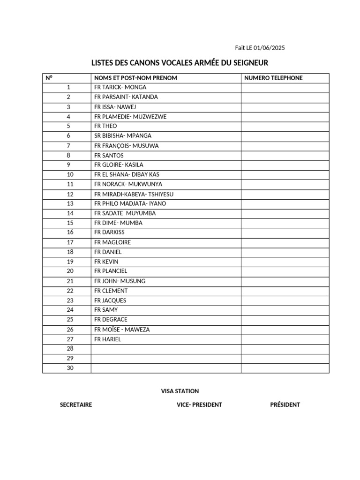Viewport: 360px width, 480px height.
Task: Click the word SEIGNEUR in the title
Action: coord(247,63)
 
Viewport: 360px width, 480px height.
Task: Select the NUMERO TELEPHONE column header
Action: coord(273,78)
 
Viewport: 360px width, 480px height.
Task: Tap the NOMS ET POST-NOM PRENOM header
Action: coord(135,78)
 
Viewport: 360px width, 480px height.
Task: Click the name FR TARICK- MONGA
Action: coord(120,87)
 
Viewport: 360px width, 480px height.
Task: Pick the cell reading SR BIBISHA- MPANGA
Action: coord(123,135)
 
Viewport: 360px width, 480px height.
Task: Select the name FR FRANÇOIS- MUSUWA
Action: coord(126,146)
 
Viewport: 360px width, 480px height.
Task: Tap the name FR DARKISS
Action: coord(109,232)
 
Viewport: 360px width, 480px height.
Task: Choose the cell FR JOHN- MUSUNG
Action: coord(120,281)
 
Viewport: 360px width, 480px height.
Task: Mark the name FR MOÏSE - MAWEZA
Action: coord(122,330)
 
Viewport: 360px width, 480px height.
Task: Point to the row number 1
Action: coord(68,87)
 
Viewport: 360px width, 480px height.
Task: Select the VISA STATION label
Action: coord(180,391)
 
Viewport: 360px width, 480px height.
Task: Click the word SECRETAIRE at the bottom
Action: coord(76,405)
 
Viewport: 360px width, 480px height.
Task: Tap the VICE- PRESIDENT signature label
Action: coord(196,405)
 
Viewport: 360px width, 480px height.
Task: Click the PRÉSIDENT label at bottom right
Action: coord(285,405)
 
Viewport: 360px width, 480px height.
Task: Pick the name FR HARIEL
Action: coord(107,339)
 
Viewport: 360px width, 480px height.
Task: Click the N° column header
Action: coord(49,78)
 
